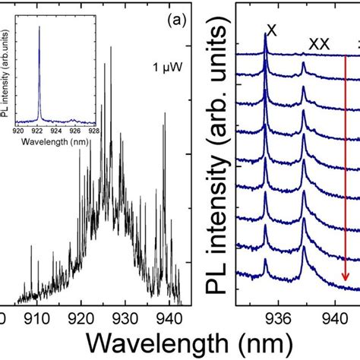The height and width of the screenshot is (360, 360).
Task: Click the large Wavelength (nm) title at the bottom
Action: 181,339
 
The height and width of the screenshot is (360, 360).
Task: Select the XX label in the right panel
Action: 318,44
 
